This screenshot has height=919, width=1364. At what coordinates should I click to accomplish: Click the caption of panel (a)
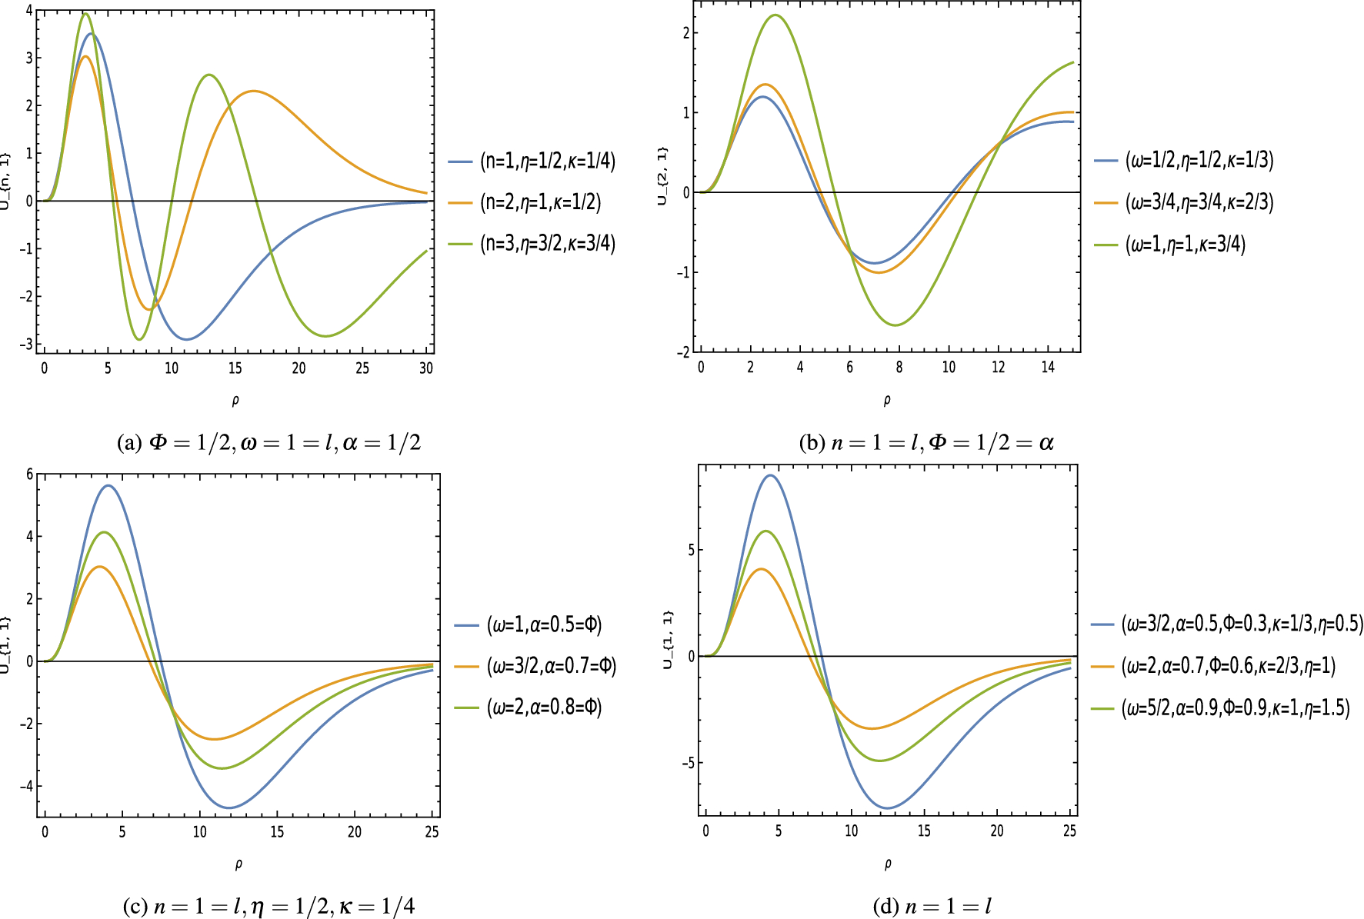pyautogui.click(x=268, y=442)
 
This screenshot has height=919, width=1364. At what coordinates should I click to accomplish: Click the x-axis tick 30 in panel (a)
pyautogui.click(x=426, y=368)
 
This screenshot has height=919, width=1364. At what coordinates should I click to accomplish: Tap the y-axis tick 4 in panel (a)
pyautogui.click(x=29, y=11)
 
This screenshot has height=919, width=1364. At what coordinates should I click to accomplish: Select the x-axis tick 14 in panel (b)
pyautogui.click(x=1048, y=368)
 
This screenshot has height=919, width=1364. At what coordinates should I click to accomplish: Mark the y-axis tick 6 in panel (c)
pyautogui.click(x=29, y=474)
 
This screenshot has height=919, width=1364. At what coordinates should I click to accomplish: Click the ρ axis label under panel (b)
pyautogui.click(x=887, y=400)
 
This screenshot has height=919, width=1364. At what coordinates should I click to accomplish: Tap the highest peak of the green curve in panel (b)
pyautogui.click(x=775, y=15)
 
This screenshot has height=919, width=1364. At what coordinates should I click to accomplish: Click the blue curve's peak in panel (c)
pyautogui.click(x=108, y=485)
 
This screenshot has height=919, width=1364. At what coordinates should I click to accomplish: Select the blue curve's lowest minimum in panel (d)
pyautogui.click(x=887, y=808)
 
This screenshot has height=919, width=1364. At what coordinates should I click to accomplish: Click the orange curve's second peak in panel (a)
pyautogui.click(x=254, y=92)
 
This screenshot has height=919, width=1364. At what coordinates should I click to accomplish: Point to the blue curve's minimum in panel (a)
pyautogui.click(x=185, y=339)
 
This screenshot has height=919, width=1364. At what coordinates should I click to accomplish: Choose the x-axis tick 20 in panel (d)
pyautogui.click(x=997, y=831)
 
